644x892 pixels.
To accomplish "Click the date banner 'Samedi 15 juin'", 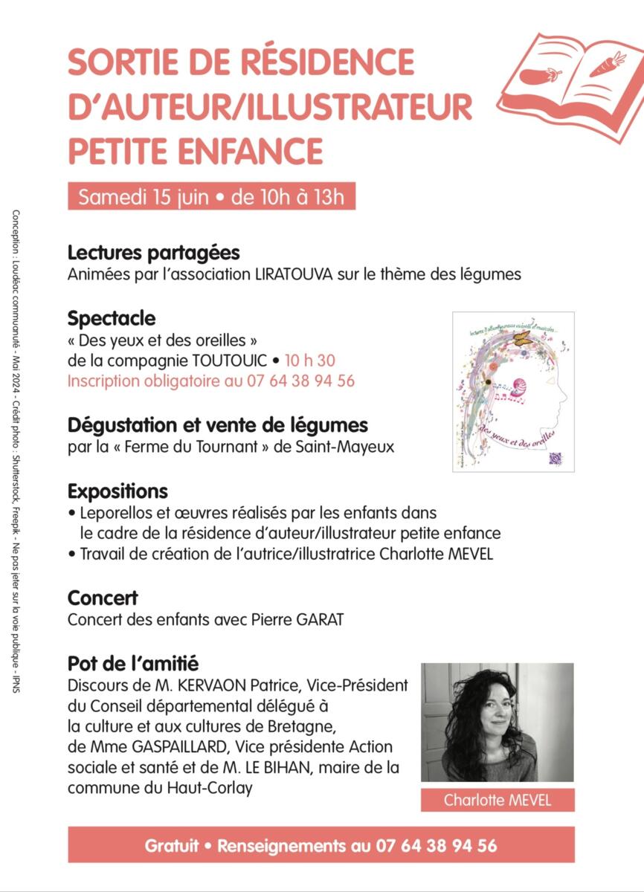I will pyautogui.click(x=211, y=197).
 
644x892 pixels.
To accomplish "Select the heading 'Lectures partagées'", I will pyautogui.click(x=153, y=253).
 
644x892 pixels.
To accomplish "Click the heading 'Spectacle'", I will pyautogui.click(x=112, y=318).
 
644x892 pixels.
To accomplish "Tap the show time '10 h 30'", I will pyautogui.click(x=309, y=361).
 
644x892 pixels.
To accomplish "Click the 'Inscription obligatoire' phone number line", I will pyautogui.click(x=210, y=381).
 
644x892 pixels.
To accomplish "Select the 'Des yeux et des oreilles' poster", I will pyautogui.click(x=513, y=390).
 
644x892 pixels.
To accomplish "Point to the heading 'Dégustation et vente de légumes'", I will pyautogui.click(x=217, y=426).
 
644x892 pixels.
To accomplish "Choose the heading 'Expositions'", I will pyautogui.click(x=117, y=491).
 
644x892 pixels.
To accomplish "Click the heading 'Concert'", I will pyautogui.click(x=103, y=598).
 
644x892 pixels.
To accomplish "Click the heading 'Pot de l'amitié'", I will pyautogui.click(x=133, y=663).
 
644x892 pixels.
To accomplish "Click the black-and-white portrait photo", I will pyautogui.click(x=498, y=722).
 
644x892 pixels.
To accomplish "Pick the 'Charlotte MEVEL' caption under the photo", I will pyautogui.click(x=498, y=800).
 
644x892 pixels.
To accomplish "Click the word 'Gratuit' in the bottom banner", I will pyautogui.click(x=172, y=845).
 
